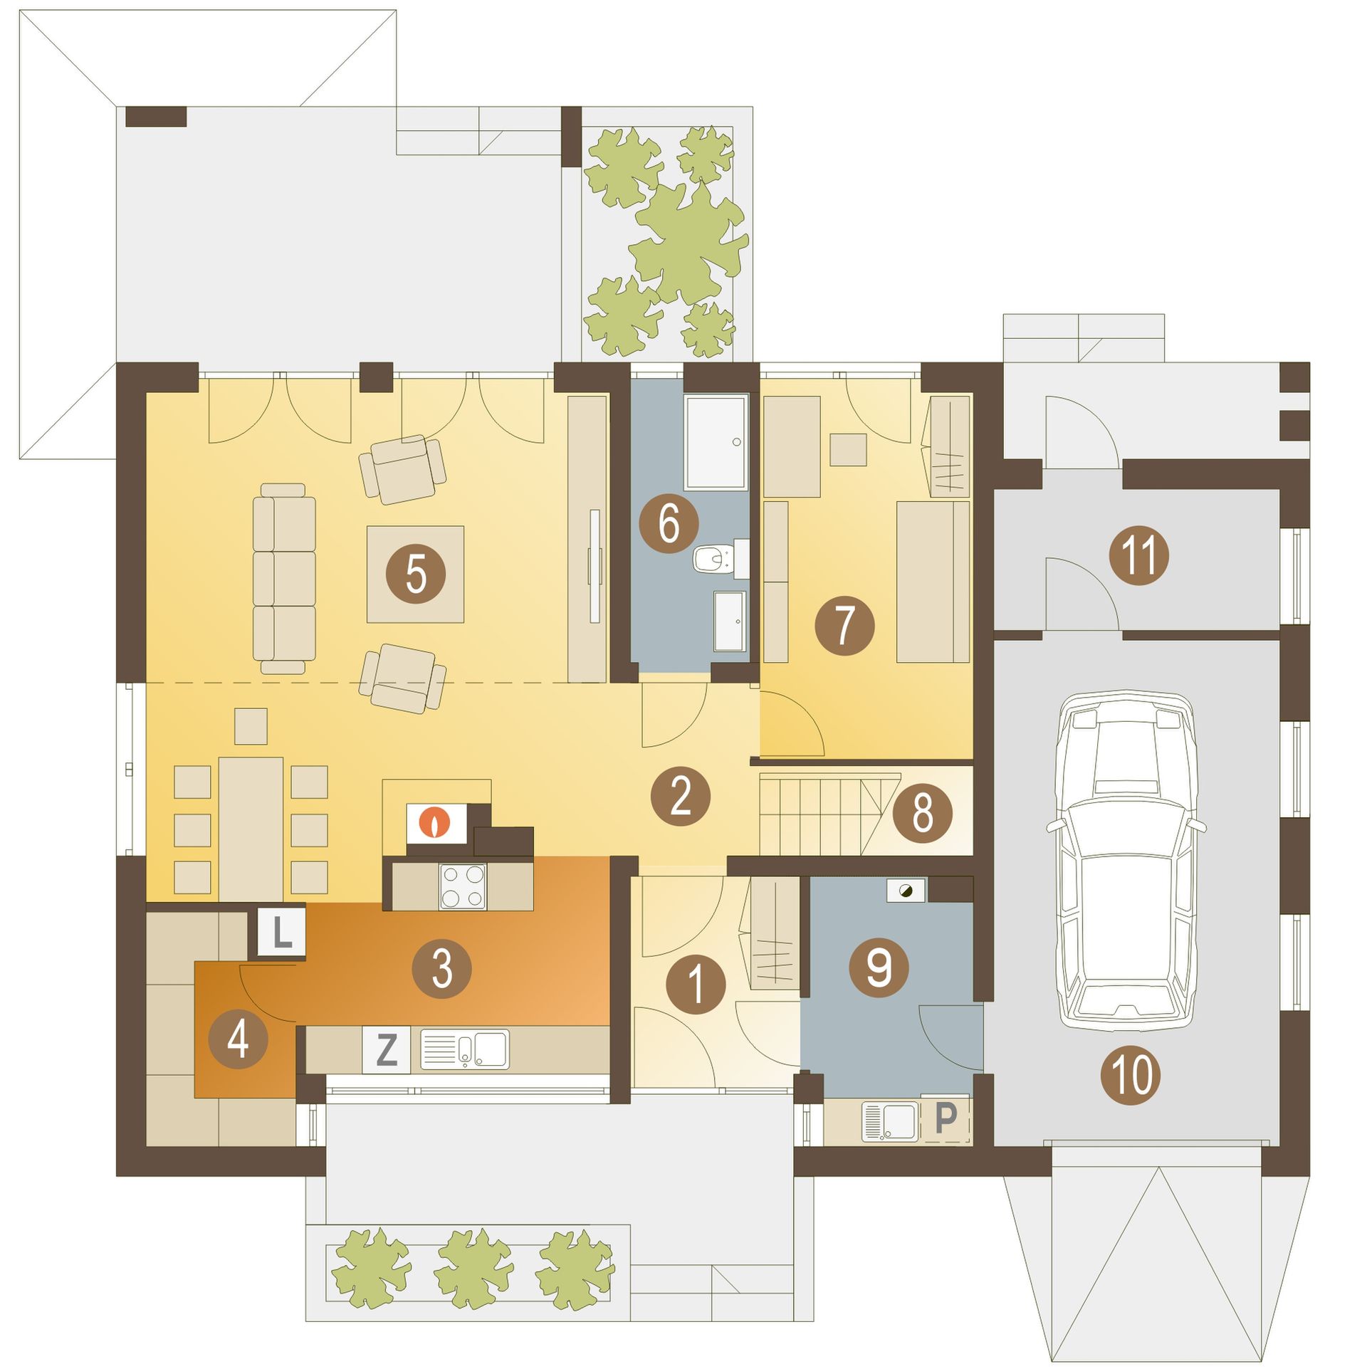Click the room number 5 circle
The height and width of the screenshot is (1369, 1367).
coord(416,574)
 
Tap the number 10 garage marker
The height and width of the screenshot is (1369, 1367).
coord(1131,1074)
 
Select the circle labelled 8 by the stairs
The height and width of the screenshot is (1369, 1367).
coord(923,813)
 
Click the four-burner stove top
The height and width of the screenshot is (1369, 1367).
coord(463,886)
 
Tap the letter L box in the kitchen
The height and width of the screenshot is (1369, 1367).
coord(282,933)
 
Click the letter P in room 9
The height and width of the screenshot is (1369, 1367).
coord(946,1118)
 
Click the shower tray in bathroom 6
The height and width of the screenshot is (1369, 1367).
coord(716,442)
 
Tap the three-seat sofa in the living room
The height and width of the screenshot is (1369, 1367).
coord(284,578)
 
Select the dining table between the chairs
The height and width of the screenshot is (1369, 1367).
coord(251,829)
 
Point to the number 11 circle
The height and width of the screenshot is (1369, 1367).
coord(1139,555)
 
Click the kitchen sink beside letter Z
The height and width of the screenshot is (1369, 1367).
coord(465,1049)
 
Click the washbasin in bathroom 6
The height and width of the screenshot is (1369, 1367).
coord(730,621)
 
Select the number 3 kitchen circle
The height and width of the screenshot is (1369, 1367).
coord(441,967)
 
